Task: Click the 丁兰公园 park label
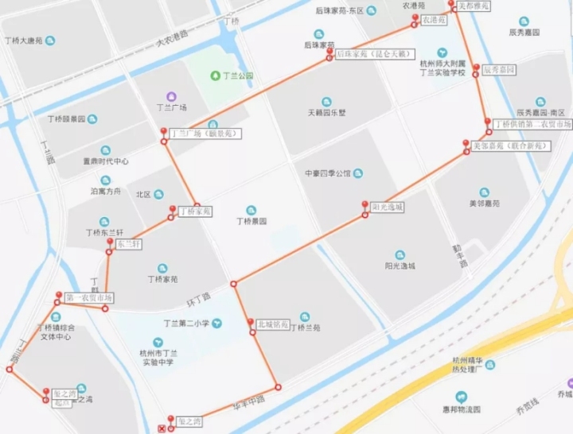[x=237, y=76]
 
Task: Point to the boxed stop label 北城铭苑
[x=271, y=324]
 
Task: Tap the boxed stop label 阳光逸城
[x=388, y=207]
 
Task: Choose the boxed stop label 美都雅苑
[x=475, y=5]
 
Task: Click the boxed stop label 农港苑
[x=433, y=19]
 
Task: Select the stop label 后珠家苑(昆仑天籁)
[x=371, y=54]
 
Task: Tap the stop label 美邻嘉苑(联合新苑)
[x=510, y=147]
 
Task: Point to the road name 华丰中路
[x=248, y=401]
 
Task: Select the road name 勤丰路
[x=458, y=254]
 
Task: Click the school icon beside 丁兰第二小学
[x=216, y=324]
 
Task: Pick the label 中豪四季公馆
[x=327, y=173]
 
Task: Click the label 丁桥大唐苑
[x=29, y=40]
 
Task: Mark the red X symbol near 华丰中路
[x=163, y=430]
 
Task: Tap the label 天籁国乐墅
[x=326, y=112]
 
